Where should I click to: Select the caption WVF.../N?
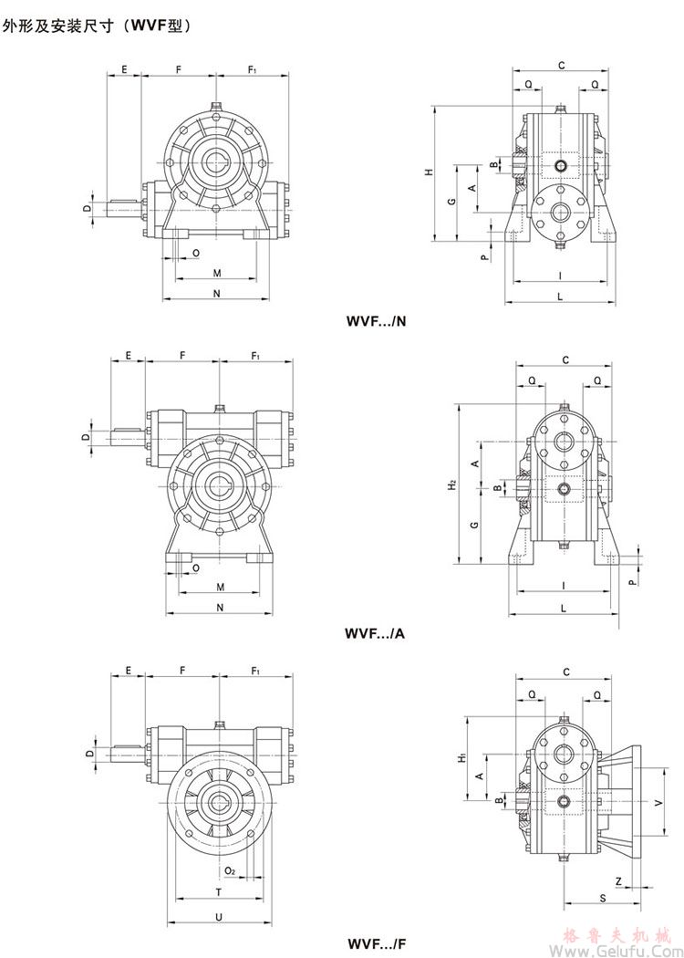coord(378,321)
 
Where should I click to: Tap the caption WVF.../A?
coord(376,632)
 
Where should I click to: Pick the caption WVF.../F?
coord(376,942)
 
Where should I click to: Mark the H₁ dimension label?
coord(462,756)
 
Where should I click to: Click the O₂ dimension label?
coord(230,871)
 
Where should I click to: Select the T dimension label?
coord(218,890)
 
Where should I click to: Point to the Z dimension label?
coord(617,881)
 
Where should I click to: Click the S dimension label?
coord(603,899)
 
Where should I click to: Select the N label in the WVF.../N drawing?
coord(216,293)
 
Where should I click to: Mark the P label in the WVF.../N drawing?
coord(485,256)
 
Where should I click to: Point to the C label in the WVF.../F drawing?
coord(565,672)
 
